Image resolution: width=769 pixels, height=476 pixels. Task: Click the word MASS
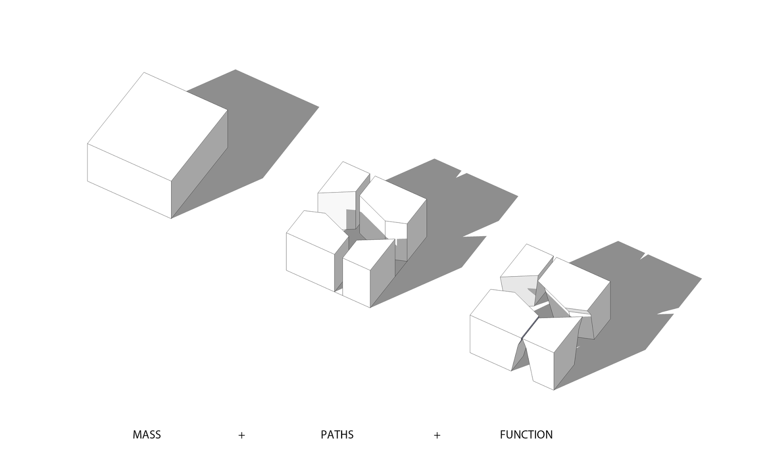click(x=147, y=435)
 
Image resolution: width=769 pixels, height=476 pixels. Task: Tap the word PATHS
click(x=337, y=435)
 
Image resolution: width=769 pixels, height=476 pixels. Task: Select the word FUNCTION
click(x=526, y=435)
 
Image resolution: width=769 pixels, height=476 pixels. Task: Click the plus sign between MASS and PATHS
click(x=241, y=435)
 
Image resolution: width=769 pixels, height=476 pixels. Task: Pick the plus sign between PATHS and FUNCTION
click(x=436, y=435)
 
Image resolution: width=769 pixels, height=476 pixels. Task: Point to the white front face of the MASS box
click(x=129, y=180)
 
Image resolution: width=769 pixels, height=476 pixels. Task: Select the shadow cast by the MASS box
click(x=260, y=125)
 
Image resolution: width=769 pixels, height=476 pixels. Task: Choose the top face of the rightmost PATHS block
click(x=393, y=199)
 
